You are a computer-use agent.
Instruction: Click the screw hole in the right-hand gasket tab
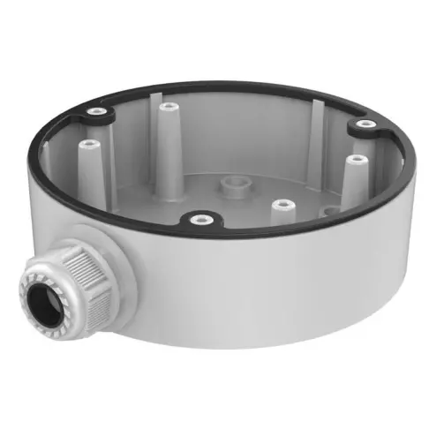click(362, 125)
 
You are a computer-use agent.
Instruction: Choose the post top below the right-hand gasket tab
click(356, 160)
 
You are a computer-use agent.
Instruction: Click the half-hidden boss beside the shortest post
click(328, 211)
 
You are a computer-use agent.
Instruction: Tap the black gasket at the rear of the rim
click(221, 87)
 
